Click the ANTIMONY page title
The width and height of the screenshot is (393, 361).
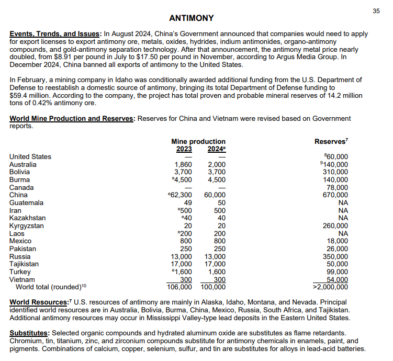click(x=191, y=18)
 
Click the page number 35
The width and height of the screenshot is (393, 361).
click(x=376, y=11)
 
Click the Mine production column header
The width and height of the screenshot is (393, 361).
click(x=198, y=141)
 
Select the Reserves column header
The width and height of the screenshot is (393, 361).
click(x=331, y=141)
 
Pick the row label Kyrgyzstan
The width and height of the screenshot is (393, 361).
click(x=27, y=226)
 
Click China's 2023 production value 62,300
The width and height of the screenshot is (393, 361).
click(x=181, y=195)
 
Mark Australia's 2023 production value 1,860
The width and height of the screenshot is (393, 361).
click(x=183, y=164)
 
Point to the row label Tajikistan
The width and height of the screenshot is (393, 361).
click(x=24, y=264)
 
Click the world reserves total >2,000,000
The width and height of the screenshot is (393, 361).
click(x=330, y=287)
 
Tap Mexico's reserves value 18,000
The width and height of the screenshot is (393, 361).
click(x=338, y=241)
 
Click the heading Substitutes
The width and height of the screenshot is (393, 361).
click(x=29, y=333)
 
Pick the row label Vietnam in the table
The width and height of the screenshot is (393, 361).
click(x=23, y=280)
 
